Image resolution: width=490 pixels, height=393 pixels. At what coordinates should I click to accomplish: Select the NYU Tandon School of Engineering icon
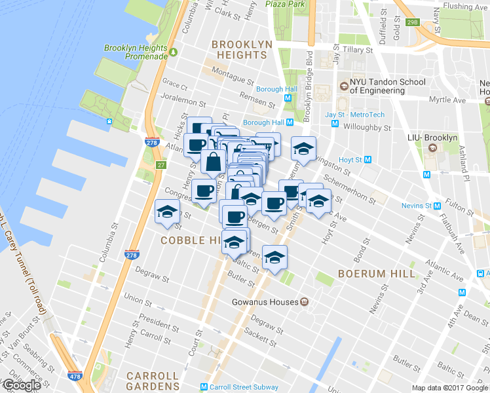[343, 86]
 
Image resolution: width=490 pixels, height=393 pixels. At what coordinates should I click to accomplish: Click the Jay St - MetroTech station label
[354, 115]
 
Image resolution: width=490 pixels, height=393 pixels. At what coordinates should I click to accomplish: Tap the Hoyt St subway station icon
[368, 160]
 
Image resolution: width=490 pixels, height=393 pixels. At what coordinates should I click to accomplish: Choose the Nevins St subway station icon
[427, 206]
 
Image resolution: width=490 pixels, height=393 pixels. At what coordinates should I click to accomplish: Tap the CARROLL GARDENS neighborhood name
[153, 381]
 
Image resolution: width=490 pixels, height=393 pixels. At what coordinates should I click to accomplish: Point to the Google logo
[22, 385]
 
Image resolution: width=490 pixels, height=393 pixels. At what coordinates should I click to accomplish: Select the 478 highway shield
[75, 376]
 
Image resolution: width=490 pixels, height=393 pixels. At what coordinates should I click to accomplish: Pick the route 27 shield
[160, 164]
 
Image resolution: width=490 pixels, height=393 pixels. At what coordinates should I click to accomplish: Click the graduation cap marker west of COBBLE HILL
[167, 214]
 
